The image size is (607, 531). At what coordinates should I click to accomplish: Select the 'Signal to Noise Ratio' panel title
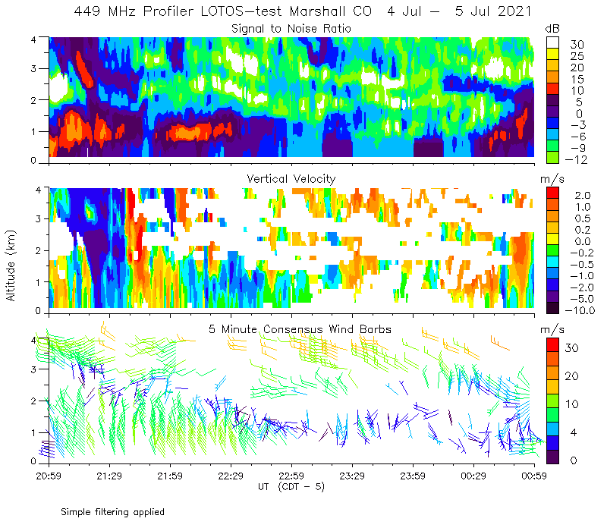pos(291,29)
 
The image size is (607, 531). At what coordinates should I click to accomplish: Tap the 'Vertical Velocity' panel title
pos(291,178)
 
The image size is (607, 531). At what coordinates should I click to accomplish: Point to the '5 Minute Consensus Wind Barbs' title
pos(300,328)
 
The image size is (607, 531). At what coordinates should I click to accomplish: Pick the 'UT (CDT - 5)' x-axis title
pos(291,486)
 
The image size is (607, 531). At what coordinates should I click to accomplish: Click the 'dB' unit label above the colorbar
pos(552,28)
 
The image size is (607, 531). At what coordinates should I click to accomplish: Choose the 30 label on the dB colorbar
pos(577,44)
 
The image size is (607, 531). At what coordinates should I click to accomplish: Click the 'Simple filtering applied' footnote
pos(112,512)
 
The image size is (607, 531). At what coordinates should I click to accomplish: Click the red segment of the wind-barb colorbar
pos(553,350)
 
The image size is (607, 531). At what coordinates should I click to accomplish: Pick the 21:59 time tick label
pos(170,476)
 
